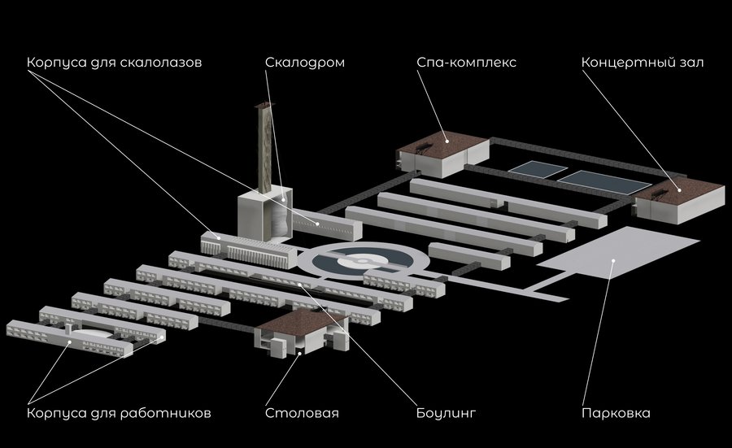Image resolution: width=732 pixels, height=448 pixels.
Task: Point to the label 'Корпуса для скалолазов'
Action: (x=113, y=63)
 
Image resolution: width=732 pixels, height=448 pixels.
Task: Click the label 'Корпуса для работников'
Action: (x=119, y=413)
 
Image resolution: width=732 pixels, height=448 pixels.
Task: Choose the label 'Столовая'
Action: (x=302, y=413)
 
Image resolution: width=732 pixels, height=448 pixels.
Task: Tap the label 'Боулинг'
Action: (x=443, y=413)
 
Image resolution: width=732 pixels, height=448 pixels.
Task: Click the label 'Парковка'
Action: (x=616, y=413)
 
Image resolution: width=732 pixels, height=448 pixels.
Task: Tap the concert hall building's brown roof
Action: (x=683, y=192)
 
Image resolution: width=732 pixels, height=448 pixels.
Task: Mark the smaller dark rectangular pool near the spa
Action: (x=538, y=168)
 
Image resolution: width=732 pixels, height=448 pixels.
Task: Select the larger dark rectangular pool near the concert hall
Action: (x=597, y=181)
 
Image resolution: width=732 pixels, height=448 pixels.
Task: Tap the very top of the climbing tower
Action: (x=262, y=107)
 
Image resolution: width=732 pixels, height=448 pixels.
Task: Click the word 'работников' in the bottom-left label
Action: (x=168, y=413)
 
